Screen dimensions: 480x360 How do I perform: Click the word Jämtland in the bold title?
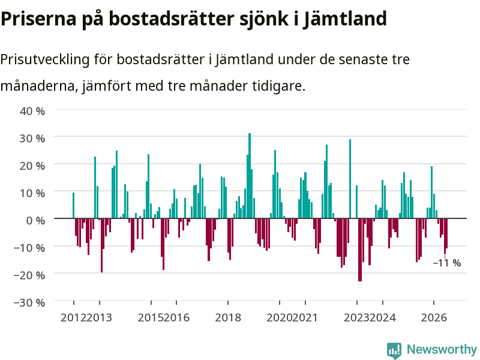click(x=345, y=19)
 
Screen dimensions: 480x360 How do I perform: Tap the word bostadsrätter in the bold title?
click(x=172, y=19)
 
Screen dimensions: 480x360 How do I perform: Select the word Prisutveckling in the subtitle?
click(x=44, y=59)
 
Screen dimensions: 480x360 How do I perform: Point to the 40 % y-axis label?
click(x=32, y=111)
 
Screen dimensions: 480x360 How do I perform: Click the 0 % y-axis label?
click(x=35, y=220)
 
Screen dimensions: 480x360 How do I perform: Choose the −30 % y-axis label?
click(x=29, y=302)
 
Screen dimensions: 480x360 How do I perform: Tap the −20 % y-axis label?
click(x=29, y=275)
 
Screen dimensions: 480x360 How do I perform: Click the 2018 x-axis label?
click(x=228, y=317)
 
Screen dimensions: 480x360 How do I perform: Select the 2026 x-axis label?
click(x=434, y=317)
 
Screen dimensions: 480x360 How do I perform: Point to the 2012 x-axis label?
click(x=73, y=317)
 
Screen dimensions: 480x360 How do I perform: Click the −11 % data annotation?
click(x=447, y=263)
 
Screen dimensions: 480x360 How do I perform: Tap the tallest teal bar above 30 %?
click(x=250, y=175)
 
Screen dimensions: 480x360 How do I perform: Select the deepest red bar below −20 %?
click(x=360, y=250)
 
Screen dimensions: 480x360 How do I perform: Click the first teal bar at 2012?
click(x=73, y=205)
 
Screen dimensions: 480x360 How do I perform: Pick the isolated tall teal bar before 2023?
click(x=350, y=179)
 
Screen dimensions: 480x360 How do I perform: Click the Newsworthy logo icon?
click(x=394, y=350)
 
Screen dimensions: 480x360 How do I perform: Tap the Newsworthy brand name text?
click(x=442, y=349)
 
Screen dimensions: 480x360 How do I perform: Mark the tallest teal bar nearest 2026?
click(x=431, y=192)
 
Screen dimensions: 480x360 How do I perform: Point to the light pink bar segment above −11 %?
click(x=445, y=257)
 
